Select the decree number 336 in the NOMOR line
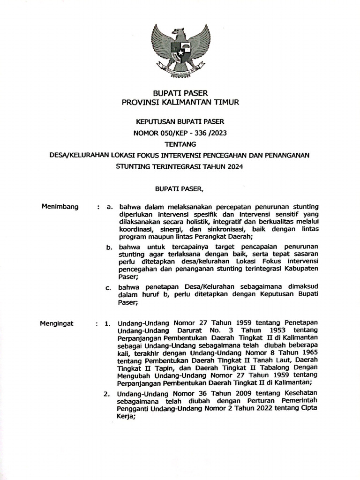click(x=204, y=133)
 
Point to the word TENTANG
click(x=180, y=144)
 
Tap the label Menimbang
click(x=60, y=206)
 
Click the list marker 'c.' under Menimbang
click(x=109, y=287)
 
